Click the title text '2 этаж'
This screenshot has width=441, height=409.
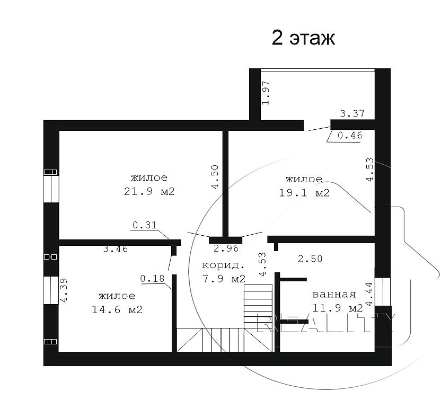pos(303,38)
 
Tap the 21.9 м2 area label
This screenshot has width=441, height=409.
pos(149,192)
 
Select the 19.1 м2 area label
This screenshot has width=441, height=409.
pos(304,193)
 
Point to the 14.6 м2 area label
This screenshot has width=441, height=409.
pos(117,310)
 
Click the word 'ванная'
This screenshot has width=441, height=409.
pos(334,295)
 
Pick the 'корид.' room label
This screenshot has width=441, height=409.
pos(223,265)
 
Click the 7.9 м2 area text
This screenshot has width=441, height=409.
pos(224,279)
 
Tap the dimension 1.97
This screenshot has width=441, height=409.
pos(266,93)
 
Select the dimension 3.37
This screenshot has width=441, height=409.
pos(352,113)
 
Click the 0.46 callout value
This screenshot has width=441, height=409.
pos(350,136)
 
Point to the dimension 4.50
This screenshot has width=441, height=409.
pos(215,176)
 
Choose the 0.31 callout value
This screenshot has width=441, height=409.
pos(145,225)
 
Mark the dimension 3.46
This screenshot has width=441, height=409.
pos(116,249)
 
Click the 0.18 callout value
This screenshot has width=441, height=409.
pos(152,279)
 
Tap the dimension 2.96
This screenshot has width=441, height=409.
pos(226,248)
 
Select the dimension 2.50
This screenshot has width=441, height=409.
pos(310,259)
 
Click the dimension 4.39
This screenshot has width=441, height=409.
pos(64,290)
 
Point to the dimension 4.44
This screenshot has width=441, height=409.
pos(369,294)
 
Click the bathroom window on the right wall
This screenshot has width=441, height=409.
pos(383,291)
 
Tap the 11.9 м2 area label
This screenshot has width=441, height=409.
pos(338,308)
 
